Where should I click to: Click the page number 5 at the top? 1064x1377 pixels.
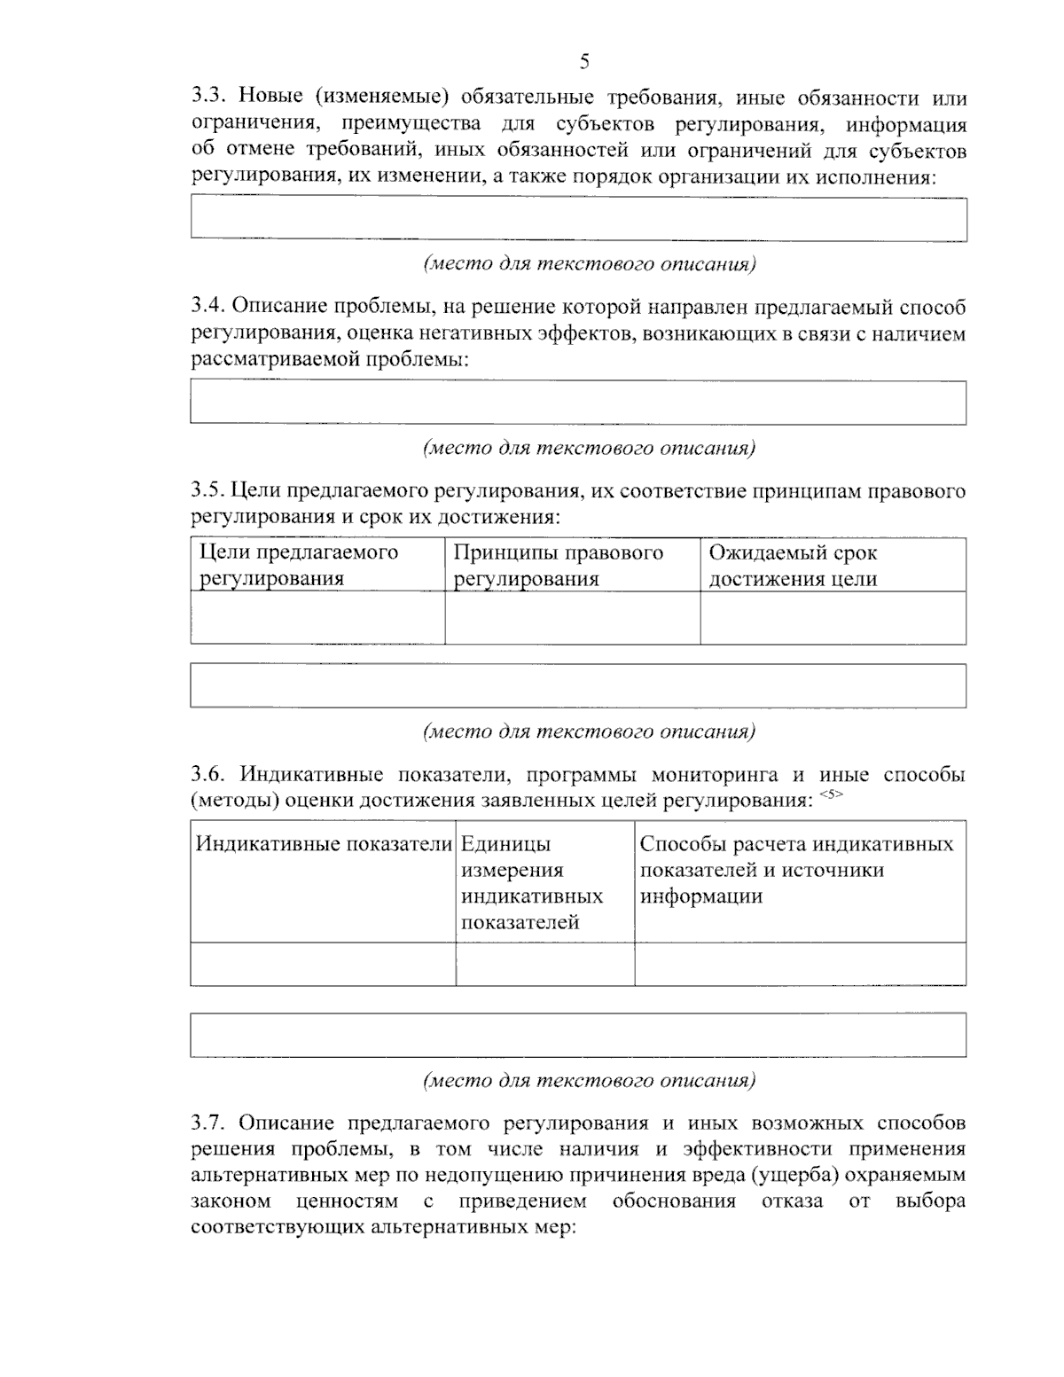point(583,61)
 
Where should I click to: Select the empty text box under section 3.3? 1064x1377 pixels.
point(578,218)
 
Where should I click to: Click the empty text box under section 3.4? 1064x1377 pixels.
point(578,403)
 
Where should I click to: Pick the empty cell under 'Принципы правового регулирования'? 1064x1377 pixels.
point(572,617)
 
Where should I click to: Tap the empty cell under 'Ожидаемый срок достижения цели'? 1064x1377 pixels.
point(832,617)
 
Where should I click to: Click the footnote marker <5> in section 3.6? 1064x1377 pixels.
point(831,794)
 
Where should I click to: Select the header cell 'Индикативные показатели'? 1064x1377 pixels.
point(323,844)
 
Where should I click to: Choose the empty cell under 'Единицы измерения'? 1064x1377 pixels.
point(544,964)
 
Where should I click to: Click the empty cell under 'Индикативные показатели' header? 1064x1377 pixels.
point(323,964)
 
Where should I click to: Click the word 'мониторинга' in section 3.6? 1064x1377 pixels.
point(716,775)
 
